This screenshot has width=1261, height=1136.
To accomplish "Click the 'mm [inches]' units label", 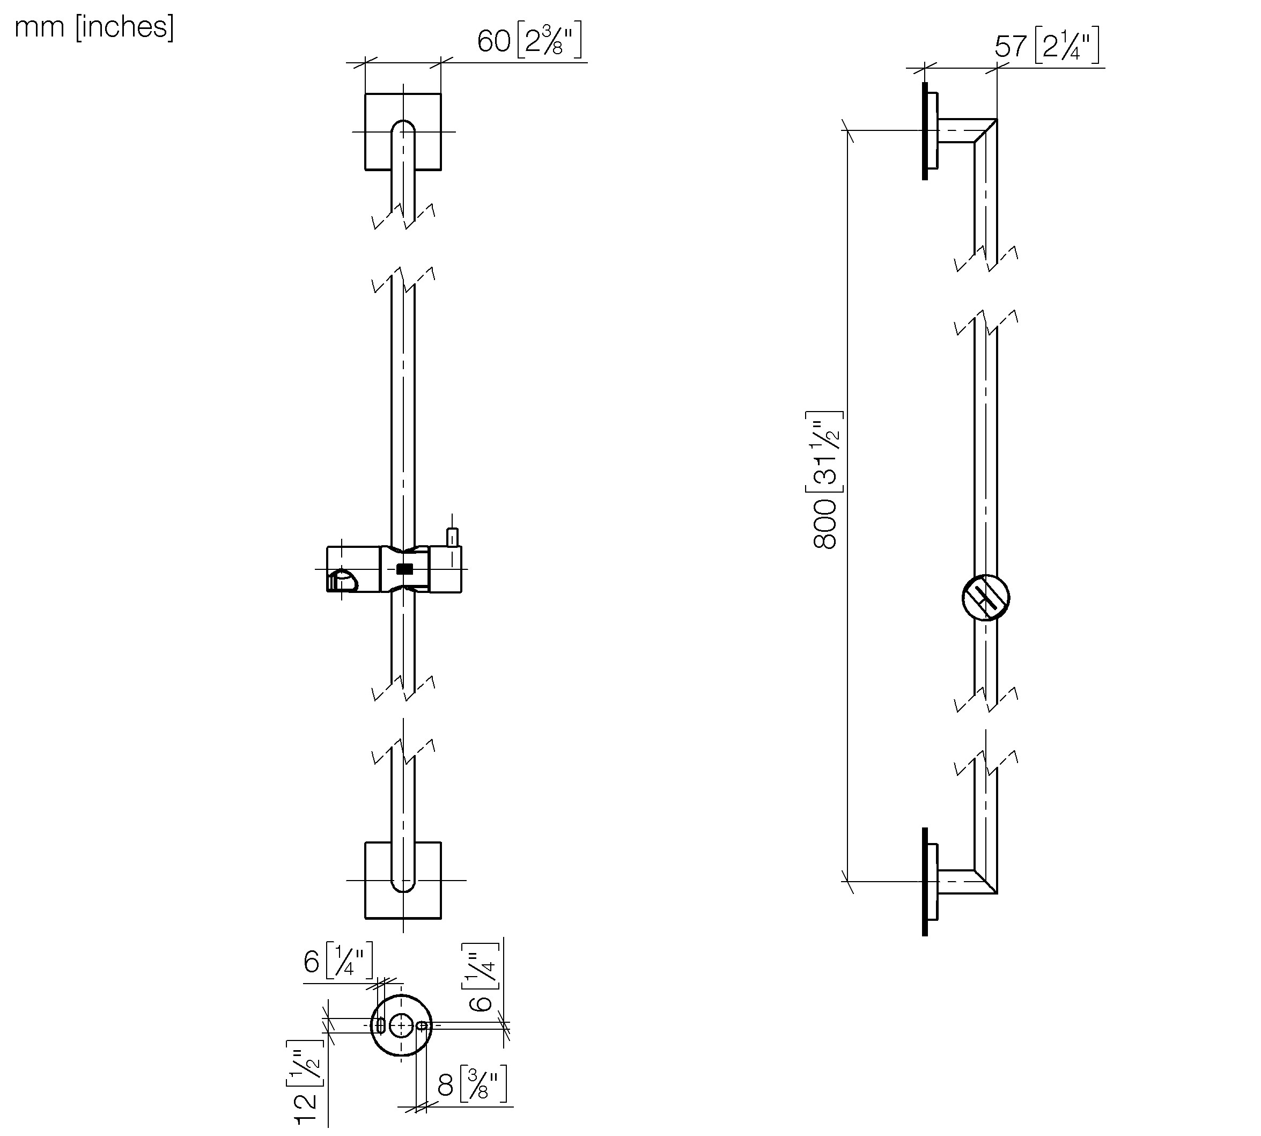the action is pos(94,27).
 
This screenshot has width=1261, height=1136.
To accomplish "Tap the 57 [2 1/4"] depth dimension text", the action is pos(1046,46).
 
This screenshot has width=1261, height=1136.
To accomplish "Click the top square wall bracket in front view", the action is pos(403,131).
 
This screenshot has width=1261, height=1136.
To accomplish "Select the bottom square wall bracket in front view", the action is pos(403,880).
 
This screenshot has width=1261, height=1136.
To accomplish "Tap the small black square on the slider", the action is pos(404,569).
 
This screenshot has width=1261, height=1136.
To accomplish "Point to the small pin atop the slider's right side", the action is pos(452,537).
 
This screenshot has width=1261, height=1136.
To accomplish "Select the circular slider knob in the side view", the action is pos(986,597).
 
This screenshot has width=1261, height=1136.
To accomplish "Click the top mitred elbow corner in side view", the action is pos(985,130).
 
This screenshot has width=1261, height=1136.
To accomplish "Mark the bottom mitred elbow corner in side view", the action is pos(985,881).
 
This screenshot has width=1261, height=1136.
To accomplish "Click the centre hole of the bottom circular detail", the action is pos(401,1025).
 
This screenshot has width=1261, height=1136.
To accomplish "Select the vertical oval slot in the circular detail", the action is pos(380,1025).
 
